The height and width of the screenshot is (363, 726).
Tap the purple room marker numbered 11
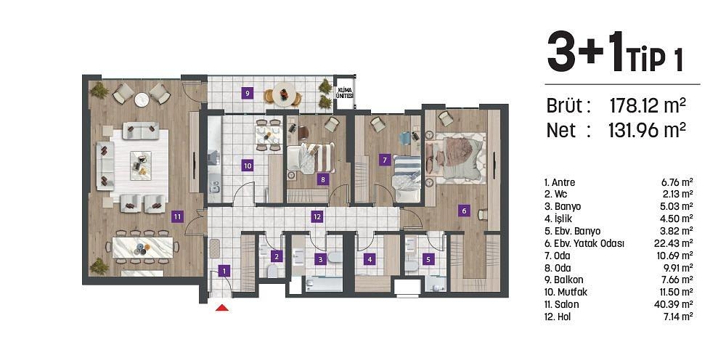coord(176,216)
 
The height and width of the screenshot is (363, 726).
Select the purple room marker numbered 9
coord(248,93)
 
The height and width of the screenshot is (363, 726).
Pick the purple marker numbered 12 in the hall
coord(317,216)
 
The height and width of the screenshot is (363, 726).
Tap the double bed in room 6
coord(456,154)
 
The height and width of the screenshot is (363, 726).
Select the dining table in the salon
coord(143,246)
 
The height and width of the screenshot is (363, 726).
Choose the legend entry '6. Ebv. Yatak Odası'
coord(584,243)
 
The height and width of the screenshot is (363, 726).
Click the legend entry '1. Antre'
coord(560,182)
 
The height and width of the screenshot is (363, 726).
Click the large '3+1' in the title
coord(584,55)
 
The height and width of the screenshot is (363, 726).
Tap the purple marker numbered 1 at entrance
coord(225,271)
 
